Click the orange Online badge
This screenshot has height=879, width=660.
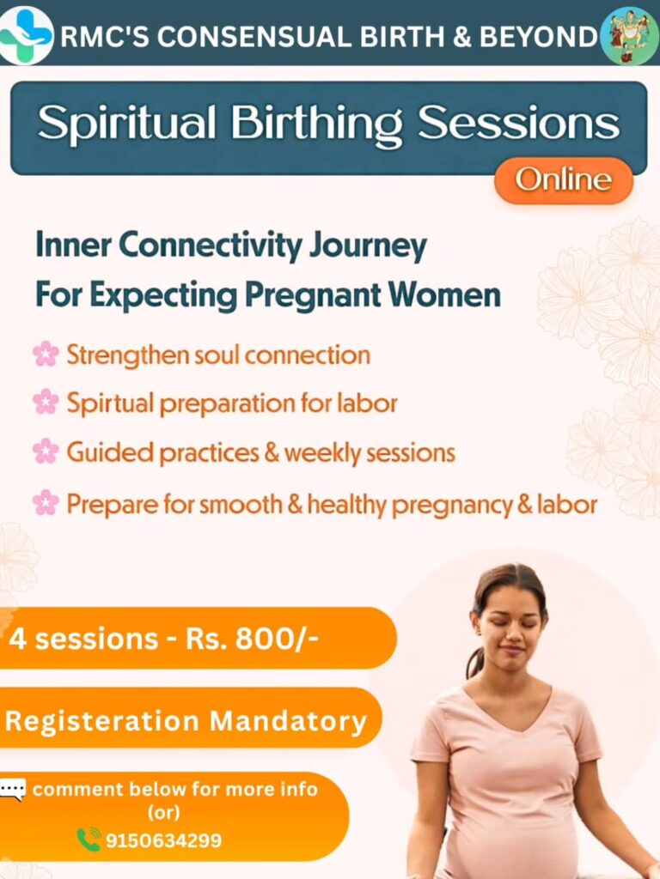(563, 180)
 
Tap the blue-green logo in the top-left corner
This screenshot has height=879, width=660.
(26, 34)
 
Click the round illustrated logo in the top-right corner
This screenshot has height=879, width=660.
(629, 35)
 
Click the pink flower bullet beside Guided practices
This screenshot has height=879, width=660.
(46, 452)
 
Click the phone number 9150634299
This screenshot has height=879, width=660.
(163, 840)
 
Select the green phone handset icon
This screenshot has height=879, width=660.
(89, 839)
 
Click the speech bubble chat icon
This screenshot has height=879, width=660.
(13, 789)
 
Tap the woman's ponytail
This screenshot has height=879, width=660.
(474, 661)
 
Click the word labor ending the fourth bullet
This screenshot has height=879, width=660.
(568, 505)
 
